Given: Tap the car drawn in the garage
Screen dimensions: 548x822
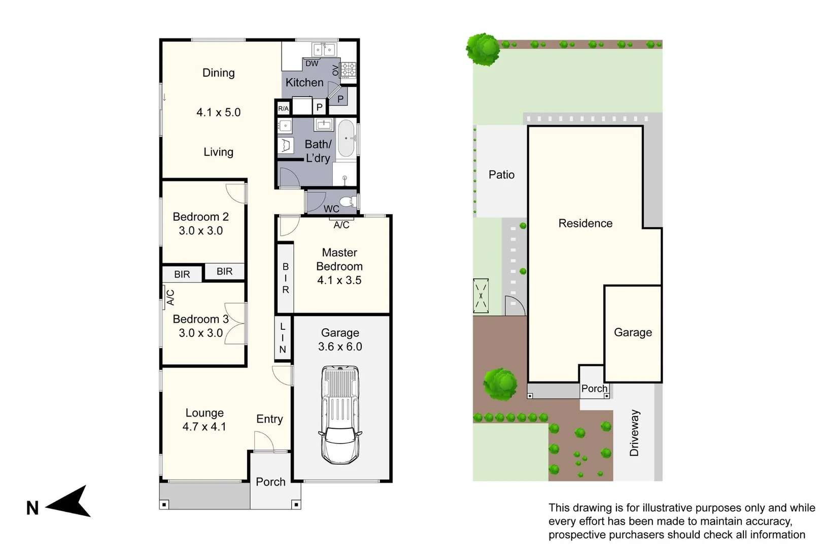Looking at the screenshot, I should pyautogui.click(x=340, y=414).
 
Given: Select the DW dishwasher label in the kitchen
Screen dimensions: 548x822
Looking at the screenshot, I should pyautogui.click(x=312, y=63).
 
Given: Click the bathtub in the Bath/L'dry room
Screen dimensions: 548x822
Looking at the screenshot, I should pyautogui.click(x=347, y=138).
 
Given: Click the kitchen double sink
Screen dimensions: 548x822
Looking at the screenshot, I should pyautogui.click(x=324, y=49).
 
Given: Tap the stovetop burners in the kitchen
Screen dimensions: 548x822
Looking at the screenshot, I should pyautogui.click(x=349, y=70).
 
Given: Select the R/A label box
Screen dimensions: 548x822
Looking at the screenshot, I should pyautogui.click(x=283, y=109).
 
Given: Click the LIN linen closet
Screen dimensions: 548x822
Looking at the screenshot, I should pyautogui.click(x=283, y=338).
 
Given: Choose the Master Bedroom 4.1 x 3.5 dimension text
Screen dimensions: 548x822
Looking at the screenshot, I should pyautogui.click(x=339, y=280).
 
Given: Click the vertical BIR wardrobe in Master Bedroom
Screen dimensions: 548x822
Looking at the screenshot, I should pyautogui.click(x=286, y=278).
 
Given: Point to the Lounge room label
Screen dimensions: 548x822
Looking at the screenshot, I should pyautogui.click(x=204, y=413).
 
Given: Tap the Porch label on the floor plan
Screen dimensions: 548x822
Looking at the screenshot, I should pyautogui.click(x=270, y=482).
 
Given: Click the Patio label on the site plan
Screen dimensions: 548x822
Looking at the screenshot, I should pyautogui.click(x=501, y=175).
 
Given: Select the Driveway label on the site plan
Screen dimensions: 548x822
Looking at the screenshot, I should pyautogui.click(x=634, y=433).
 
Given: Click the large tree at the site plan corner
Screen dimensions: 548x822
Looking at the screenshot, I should pyautogui.click(x=484, y=49).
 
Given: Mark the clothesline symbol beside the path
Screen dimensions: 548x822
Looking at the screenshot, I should pyautogui.click(x=481, y=295).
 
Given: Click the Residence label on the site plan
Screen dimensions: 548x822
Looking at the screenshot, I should pyautogui.click(x=585, y=223).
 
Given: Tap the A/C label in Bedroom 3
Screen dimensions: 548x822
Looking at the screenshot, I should pyautogui.click(x=170, y=297).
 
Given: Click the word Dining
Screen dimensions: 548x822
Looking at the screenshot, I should pyautogui.click(x=219, y=73).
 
